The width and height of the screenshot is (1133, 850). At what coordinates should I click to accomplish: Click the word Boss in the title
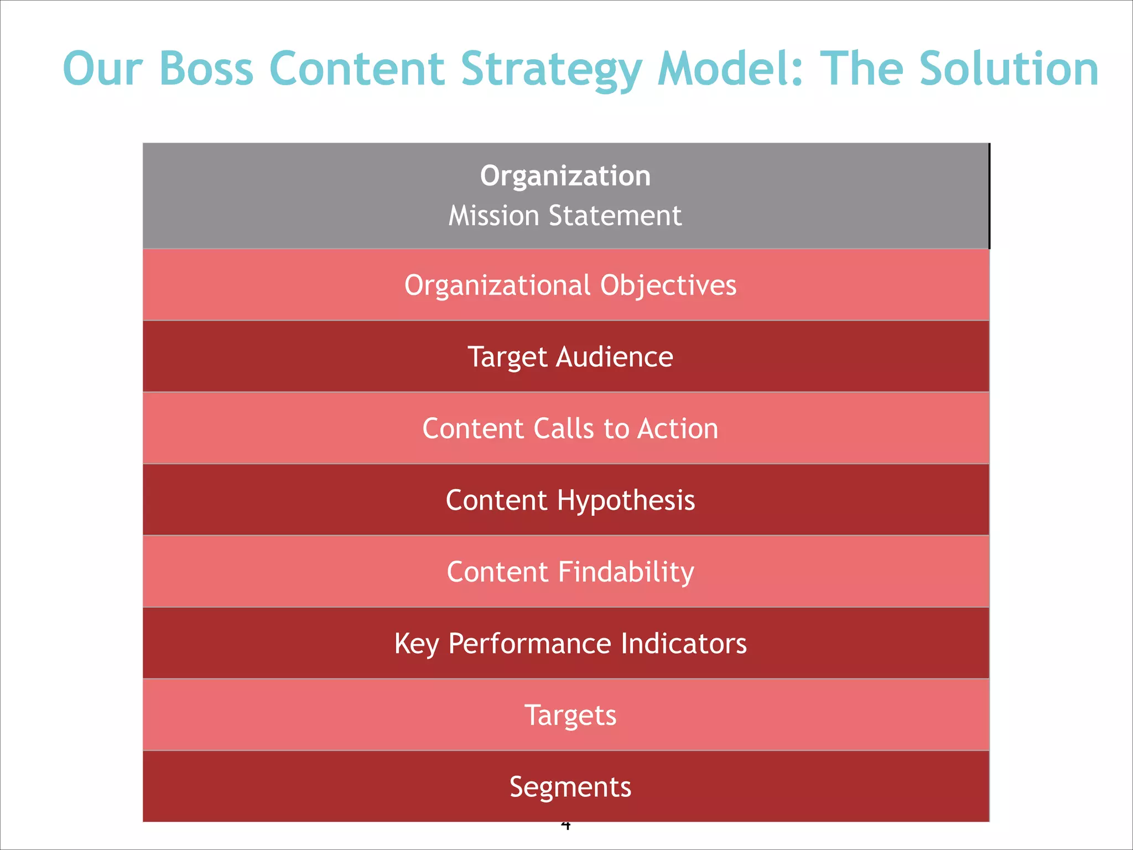(206, 69)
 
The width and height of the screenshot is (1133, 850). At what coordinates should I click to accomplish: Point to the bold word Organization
(565, 176)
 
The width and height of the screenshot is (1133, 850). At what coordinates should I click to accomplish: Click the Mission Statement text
(565, 215)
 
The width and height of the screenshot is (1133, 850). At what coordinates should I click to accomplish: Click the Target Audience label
(570, 356)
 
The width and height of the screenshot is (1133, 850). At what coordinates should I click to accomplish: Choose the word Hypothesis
(626, 501)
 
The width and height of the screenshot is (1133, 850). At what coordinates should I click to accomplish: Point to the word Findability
(626, 572)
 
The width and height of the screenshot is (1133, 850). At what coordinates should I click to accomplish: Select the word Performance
(529, 644)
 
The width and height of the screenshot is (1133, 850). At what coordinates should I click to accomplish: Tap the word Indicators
(683, 644)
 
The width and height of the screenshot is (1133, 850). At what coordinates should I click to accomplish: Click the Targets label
(570, 715)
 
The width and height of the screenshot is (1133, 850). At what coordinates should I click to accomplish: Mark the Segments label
(570, 787)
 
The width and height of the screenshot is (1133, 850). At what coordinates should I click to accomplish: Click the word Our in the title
(103, 70)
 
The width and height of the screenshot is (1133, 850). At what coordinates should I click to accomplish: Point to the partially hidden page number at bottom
(565, 826)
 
